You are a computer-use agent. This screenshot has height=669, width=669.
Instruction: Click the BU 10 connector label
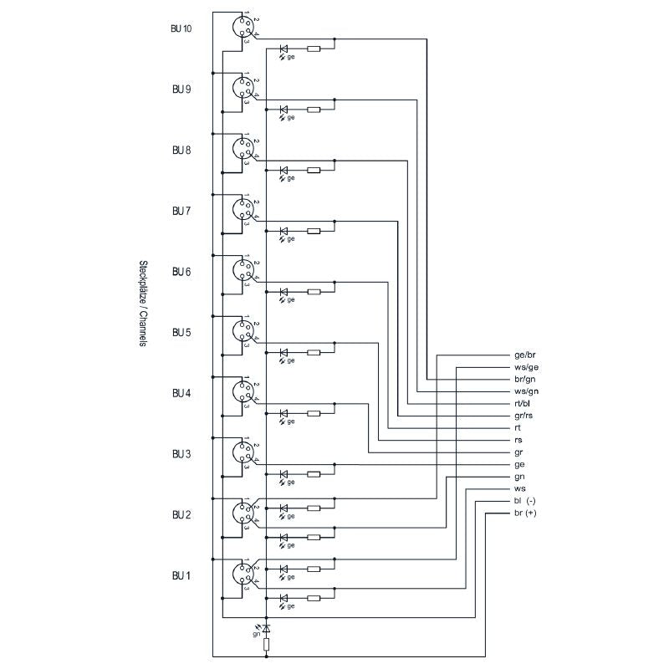click(181, 28)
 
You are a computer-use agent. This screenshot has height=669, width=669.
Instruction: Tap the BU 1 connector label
click(181, 575)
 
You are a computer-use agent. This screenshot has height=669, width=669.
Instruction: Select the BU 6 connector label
click(181, 272)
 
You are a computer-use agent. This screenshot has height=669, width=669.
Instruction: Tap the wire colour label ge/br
click(525, 355)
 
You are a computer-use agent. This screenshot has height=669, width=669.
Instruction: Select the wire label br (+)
click(525, 513)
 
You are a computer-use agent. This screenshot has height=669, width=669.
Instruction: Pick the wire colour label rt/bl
click(523, 404)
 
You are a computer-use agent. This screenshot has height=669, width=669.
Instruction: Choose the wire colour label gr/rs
click(523, 416)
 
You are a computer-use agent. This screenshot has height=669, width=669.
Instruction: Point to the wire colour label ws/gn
click(525, 391)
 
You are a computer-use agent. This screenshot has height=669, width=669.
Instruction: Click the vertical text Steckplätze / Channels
click(143, 303)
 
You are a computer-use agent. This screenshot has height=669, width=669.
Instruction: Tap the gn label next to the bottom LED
click(257, 634)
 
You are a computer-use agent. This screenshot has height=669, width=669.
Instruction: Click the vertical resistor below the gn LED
click(267, 644)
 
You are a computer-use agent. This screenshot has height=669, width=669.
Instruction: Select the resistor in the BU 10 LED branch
click(314, 49)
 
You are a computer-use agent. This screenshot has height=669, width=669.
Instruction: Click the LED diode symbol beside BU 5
click(284, 352)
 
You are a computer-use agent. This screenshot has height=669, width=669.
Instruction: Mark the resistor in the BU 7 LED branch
click(314, 231)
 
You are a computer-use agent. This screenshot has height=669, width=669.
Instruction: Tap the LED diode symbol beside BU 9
click(284, 110)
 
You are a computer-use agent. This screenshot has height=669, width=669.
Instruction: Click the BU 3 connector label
click(181, 454)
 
